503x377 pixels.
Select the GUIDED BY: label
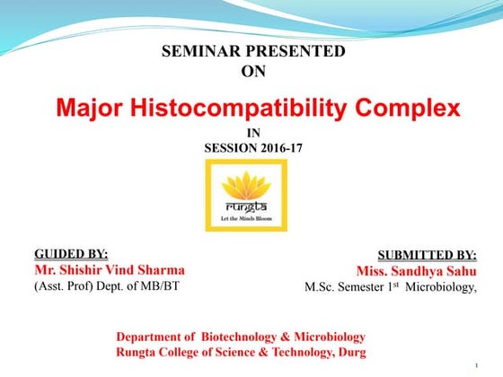click(71, 253)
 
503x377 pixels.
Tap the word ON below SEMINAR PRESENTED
click(254, 71)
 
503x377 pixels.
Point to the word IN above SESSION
click(252, 133)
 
